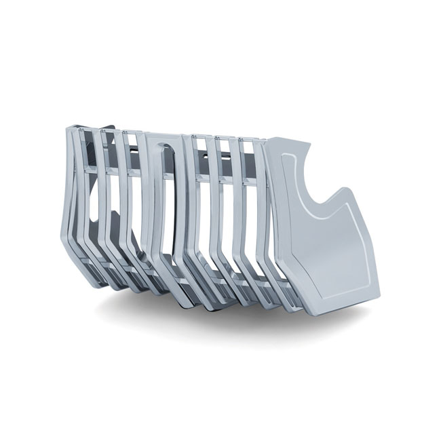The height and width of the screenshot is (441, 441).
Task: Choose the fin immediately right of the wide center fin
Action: (197, 204)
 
